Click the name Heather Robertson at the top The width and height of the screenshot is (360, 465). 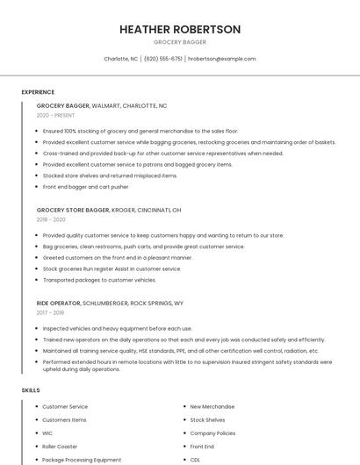click(x=180, y=29)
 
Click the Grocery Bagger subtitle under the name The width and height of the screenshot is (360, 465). click(x=180, y=42)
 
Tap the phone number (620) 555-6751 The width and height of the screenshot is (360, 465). click(x=163, y=59)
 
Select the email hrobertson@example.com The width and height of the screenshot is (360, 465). click(x=221, y=59)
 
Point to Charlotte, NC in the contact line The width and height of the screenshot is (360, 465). click(x=121, y=59)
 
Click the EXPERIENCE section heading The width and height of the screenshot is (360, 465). click(x=38, y=92)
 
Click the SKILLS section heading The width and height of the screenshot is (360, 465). click(x=31, y=390)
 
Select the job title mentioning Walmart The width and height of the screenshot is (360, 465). click(x=102, y=105)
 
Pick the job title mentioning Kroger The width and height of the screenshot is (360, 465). click(x=109, y=211)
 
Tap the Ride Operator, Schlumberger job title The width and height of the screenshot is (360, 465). click(x=110, y=303)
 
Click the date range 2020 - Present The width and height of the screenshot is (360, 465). click(x=55, y=116)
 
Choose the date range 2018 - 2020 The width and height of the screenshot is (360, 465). click(x=51, y=220)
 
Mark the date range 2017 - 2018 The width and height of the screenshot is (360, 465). click(x=50, y=312)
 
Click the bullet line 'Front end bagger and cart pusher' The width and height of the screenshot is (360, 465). click(x=85, y=187)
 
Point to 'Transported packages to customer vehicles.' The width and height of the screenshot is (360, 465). click(x=99, y=280)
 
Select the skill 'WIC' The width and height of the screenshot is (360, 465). click(x=48, y=433)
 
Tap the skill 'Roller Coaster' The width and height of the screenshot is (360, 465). click(x=60, y=447)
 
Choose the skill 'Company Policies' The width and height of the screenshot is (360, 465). click(x=212, y=433)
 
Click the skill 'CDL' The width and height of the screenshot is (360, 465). click(x=195, y=460)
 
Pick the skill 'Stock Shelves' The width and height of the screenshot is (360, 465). click(x=207, y=420)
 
